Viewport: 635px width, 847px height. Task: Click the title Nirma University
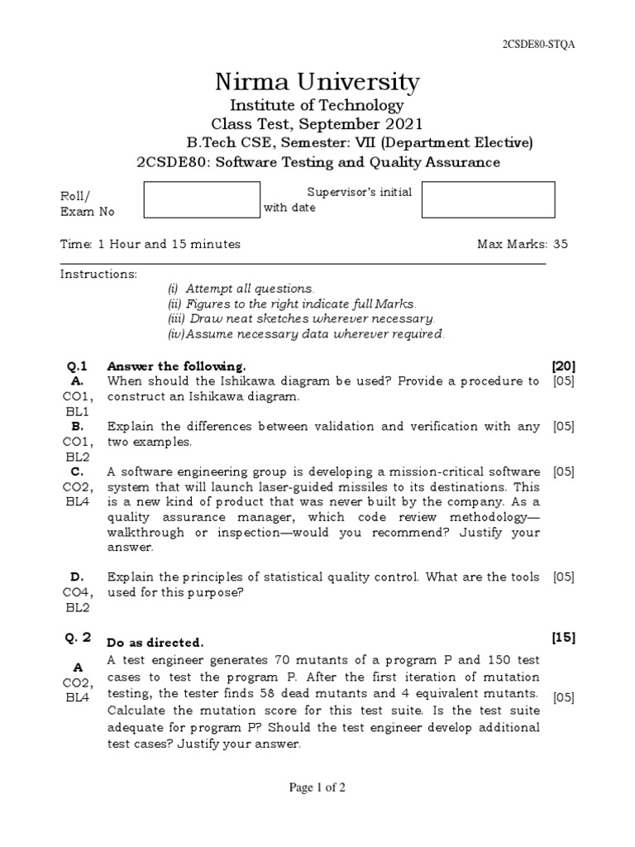pos(317,82)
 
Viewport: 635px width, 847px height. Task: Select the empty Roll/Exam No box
pos(202,200)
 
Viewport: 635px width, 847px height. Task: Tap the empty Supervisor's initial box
pos(488,200)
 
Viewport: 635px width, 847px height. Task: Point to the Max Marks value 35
pos(561,244)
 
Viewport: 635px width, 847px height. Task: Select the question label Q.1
pos(77,366)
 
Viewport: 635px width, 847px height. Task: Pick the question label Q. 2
pos(79,638)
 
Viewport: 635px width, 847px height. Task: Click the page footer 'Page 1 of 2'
pos(317,787)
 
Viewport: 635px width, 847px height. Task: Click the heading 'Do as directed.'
pos(155,643)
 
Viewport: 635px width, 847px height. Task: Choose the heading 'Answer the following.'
pos(177,366)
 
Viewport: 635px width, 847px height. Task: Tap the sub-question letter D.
pos(77,577)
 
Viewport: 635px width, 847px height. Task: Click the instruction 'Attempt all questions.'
pos(241,289)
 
